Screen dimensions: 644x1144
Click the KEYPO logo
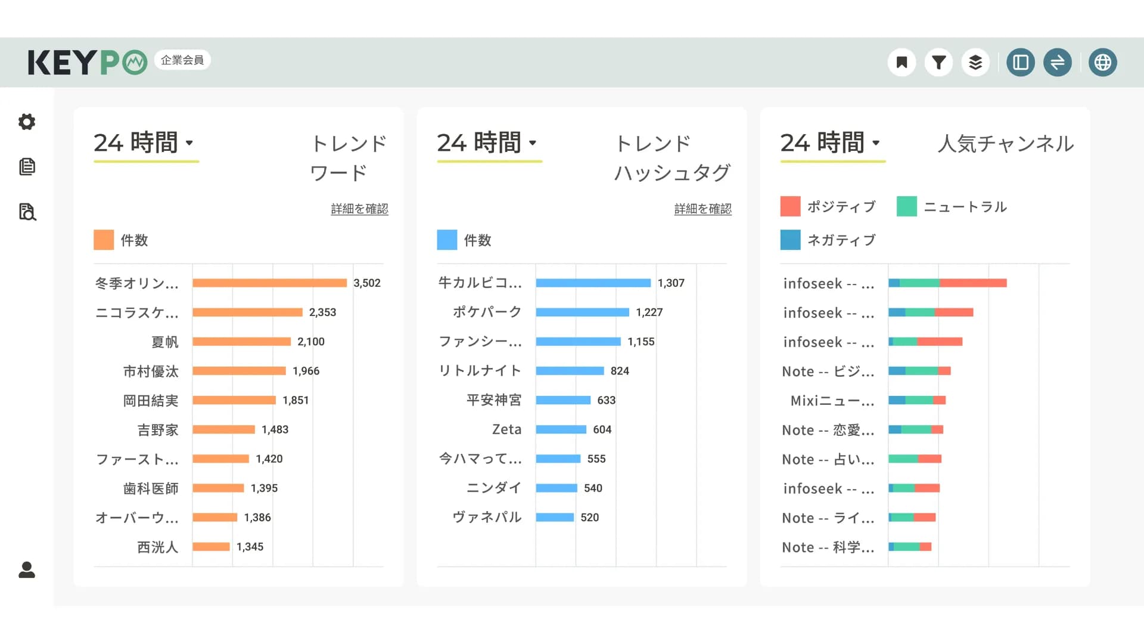87,62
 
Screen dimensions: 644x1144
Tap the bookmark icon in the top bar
901,62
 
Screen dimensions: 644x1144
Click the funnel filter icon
938,62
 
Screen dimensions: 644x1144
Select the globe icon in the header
1102,62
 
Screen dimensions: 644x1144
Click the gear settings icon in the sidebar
27,122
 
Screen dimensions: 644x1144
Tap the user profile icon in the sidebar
27,570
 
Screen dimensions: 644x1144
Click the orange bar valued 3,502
269,283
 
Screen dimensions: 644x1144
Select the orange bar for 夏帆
241,342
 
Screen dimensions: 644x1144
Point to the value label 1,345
250,547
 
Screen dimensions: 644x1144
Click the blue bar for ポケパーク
582,312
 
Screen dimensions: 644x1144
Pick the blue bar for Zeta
561,429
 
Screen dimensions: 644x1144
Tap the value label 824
620,371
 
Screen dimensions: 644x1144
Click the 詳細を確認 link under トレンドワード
359,209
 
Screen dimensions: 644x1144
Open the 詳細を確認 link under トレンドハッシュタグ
702,209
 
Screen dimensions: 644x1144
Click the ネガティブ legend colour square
790,240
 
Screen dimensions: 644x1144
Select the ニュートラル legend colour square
906,206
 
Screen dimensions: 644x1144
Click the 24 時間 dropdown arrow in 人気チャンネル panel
876,143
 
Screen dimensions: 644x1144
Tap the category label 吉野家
158,430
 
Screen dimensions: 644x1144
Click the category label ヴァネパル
487,517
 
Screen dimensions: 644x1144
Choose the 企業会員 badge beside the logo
182,60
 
